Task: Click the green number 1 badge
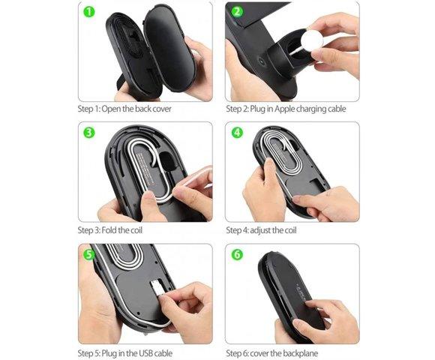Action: click(88, 12)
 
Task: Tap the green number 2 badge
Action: click(237, 12)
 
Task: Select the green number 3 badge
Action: click(88, 133)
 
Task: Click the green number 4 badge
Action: click(237, 133)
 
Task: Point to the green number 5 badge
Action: click(88, 254)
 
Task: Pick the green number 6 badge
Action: click(237, 254)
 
